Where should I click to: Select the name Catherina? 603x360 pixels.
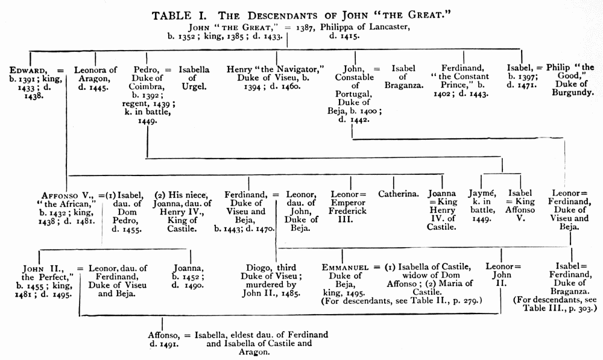[399, 194]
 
